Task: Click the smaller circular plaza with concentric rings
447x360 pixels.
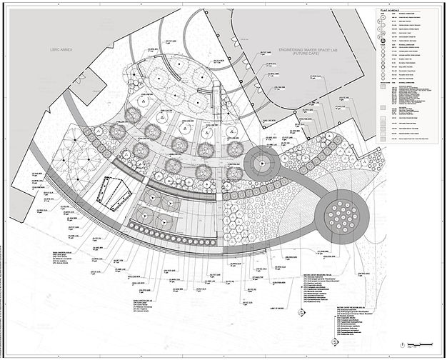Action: (261, 164)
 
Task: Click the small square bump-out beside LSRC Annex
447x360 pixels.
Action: (79, 76)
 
